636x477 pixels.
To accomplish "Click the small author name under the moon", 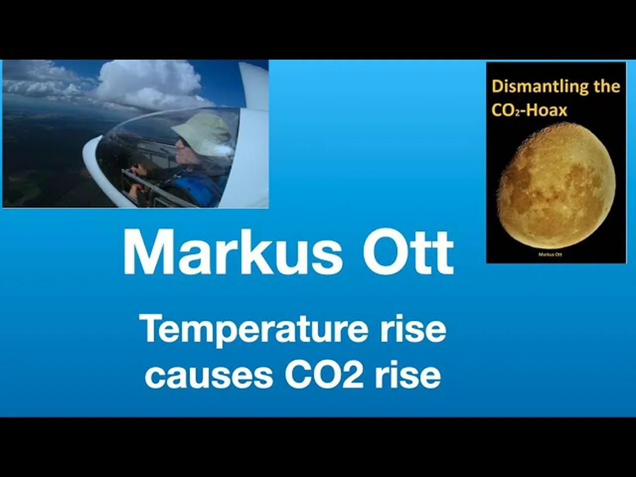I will click(x=550, y=254).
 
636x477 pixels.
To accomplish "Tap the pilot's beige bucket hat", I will click(x=201, y=127).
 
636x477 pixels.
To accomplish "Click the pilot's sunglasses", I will click(x=183, y=142).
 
